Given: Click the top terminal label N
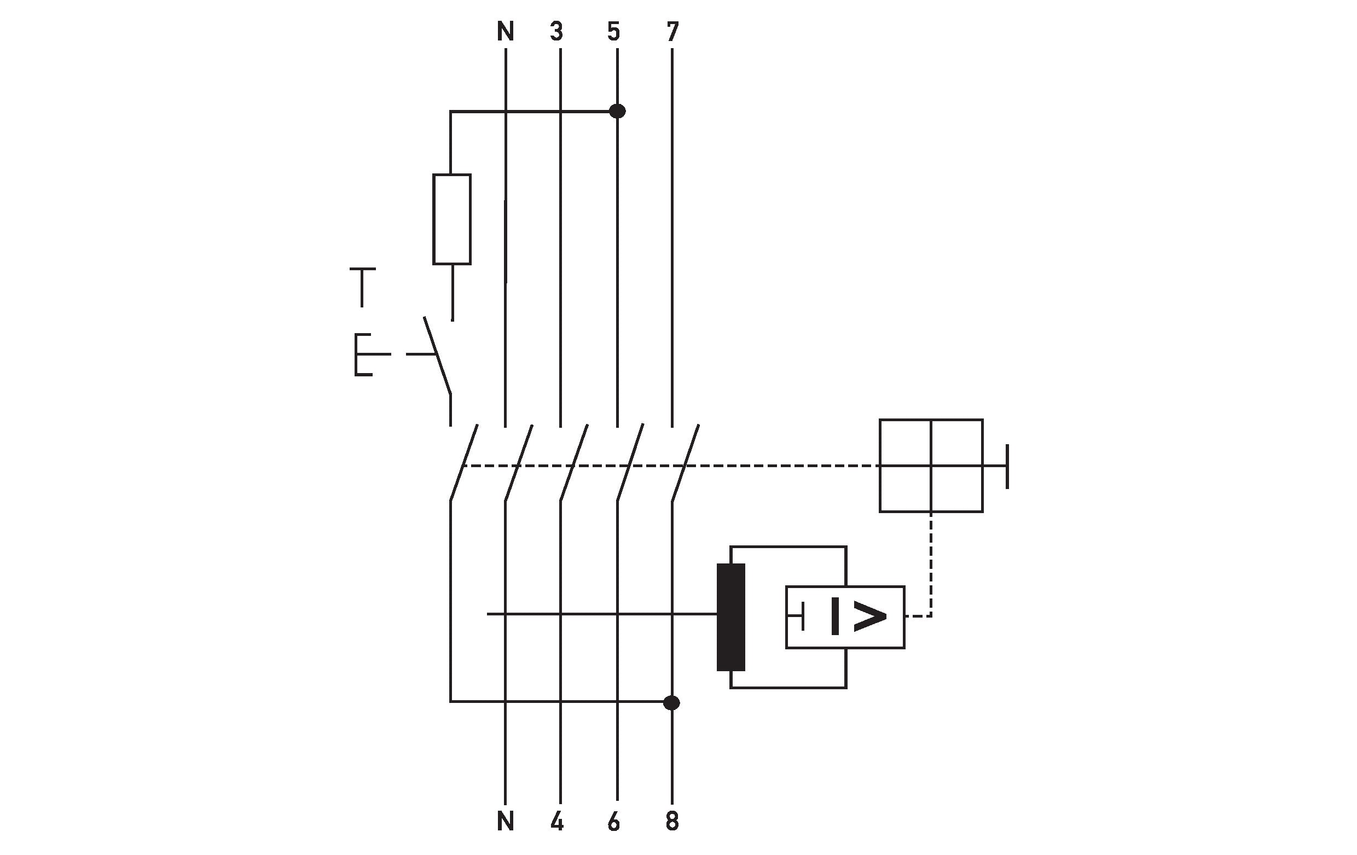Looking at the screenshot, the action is [x=506, y=32].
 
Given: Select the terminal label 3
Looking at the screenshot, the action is [x=557, y=32].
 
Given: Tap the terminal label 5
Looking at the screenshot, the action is [x=614, y=32].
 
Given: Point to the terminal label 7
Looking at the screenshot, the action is [x=672, y=32].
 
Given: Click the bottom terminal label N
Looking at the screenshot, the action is [x=506, y=822].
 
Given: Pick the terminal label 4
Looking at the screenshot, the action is [x=557, y=822].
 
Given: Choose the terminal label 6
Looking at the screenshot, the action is [x=614, y=822].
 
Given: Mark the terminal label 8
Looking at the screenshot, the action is [x=672, y=822].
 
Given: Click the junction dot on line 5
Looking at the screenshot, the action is [x=618, y=112].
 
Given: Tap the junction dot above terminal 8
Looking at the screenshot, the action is [x=672, y=703].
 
